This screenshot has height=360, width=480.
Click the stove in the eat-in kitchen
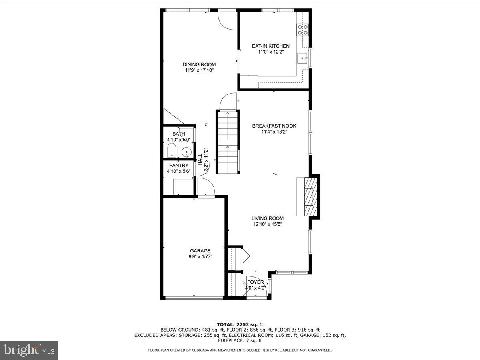(x=302, y=30)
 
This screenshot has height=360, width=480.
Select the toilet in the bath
(x=171, y=151)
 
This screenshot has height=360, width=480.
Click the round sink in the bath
(x=186, y=152)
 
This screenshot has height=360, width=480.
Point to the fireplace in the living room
(x=310, y=196)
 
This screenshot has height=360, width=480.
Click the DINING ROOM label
(x=199, y=65)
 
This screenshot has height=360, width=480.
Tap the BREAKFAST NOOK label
(x=274, y=126)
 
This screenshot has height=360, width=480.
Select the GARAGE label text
(x=200, y=251)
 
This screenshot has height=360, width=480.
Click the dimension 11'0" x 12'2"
(x=270, y=52)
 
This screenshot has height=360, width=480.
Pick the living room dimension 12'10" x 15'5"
(x=268, y=224)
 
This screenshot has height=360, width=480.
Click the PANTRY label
(x=179, y=166)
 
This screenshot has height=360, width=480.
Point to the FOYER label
(x=255, y=282)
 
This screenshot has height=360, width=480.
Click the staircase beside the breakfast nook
(x=228, y=142)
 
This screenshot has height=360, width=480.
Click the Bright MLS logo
(x=29, y=350)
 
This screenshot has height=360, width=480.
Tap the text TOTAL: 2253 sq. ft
(x=240, y=324)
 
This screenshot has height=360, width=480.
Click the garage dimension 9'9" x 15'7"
(x=200, y=256)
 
